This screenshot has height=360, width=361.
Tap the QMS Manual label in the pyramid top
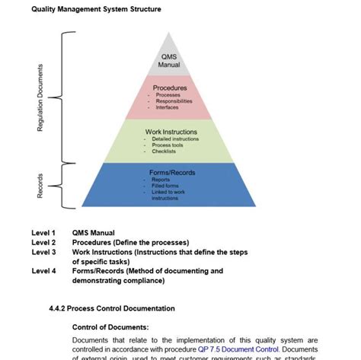click(169, 62)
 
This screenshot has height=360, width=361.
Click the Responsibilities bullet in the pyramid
click(174, 101)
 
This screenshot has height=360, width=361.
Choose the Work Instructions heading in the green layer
click(171, 132)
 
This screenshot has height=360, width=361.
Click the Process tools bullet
click(173, 145)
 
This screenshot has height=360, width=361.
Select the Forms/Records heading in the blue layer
click(172, 173)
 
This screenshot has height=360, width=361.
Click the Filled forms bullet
click(165, 186)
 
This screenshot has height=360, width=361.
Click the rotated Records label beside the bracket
click(40, 185)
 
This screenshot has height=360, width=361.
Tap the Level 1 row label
click(43, 233)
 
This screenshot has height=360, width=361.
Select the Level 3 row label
click(43, 252)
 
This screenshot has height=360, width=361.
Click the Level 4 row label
click(43, 270)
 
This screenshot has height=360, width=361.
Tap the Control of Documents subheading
click(110, 327)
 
